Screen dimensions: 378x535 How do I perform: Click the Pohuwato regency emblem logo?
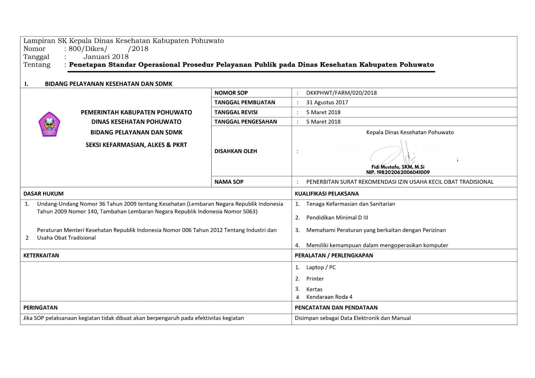pyautogui.click(x=49, y=124)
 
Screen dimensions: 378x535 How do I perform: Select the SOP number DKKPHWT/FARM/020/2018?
pyautogui.click(x=341, y=93)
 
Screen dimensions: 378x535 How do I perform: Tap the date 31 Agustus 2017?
pyautogui.click(x=327, y=102)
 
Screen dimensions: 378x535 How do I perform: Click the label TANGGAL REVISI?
pyautogui.click(x=236, y=112)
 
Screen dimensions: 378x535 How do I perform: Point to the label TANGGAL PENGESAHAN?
pyautogui.click(x=246, y=122)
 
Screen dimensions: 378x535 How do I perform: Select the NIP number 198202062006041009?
pyautogui.click(x=398, y=172)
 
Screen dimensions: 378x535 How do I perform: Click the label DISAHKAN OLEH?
pyautogui.click(x=236, y=151)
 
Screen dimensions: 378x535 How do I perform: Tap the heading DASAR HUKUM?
pyautogui.click(x=43, y=194)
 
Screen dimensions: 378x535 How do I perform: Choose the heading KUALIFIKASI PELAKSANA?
pyautogui.click(x=327, y=194)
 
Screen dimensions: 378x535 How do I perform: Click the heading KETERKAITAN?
pyautogui.click(x=41, y=255)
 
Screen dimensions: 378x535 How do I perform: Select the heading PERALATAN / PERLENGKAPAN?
pyautogui.click(x=334, y=255)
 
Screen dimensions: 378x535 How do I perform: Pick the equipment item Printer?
pyautogui.click(x=315, y=279)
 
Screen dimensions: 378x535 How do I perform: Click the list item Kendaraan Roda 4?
pyautogui.click(x=329, y=297)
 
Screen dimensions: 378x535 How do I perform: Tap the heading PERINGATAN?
pyautogui.click(x=40, y=308)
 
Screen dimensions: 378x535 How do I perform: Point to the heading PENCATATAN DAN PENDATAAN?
pyautogui.click(x=336, y=308)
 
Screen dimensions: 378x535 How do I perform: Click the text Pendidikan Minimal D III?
pyautogui.click(x=337, y=218)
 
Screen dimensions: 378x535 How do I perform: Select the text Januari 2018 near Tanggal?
pyautogui.click(x=106, y=57)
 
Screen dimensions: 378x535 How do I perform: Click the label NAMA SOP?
pyautogui.click(x=229, y=182)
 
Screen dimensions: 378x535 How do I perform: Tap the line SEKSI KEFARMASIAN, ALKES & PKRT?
pyautogui.click(x=136, y=145)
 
